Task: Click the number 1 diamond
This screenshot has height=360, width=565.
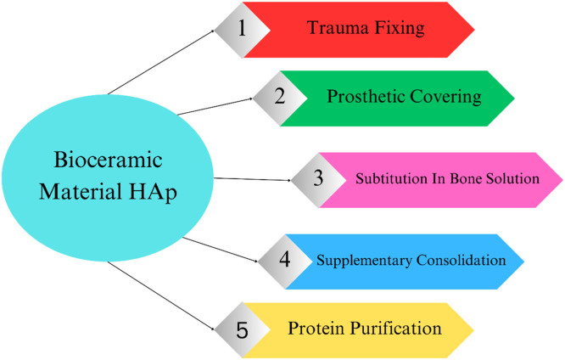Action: coord(243,30)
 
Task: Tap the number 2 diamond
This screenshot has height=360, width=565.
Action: coord(280,98)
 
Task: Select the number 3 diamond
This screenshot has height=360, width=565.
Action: coord(318,180)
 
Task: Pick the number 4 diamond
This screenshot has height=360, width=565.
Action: coord(285,262)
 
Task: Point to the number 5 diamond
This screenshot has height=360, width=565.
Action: coord(243,330)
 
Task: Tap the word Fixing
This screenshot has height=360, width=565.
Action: coord(400,29)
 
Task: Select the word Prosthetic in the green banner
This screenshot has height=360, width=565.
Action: coord(366,97)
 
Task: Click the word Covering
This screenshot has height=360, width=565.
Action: coord(445,98)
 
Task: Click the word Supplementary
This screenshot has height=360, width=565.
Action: coord(364,261)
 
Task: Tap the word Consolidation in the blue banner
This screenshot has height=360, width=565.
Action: coord(462,260)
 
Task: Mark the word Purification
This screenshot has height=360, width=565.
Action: coord(396,329)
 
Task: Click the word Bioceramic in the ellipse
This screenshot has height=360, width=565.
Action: coord(108,160)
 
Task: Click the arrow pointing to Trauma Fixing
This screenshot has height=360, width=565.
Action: coord(161,62)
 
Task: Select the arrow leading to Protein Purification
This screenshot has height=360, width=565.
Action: coord(161,295)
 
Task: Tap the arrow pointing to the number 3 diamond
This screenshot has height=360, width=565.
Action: coord(252,179)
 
